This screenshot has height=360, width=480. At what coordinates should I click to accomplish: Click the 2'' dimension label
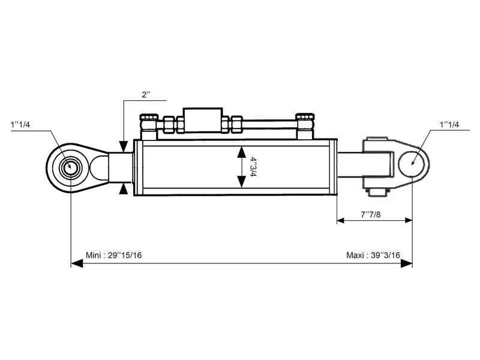[146, 95]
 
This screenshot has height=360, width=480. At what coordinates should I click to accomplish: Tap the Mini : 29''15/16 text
[114, 255]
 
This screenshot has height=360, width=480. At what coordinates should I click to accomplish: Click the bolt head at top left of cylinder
[148, 119]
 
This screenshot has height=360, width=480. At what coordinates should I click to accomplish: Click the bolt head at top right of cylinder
[304, 118]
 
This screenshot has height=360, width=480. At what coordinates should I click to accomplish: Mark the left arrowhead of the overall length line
[75, 263]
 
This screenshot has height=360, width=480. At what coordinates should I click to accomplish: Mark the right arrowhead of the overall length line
[408, 263]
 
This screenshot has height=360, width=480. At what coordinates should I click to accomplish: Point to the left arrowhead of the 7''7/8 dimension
[340, 220]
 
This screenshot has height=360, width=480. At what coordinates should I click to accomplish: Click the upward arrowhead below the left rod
[124, 189]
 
